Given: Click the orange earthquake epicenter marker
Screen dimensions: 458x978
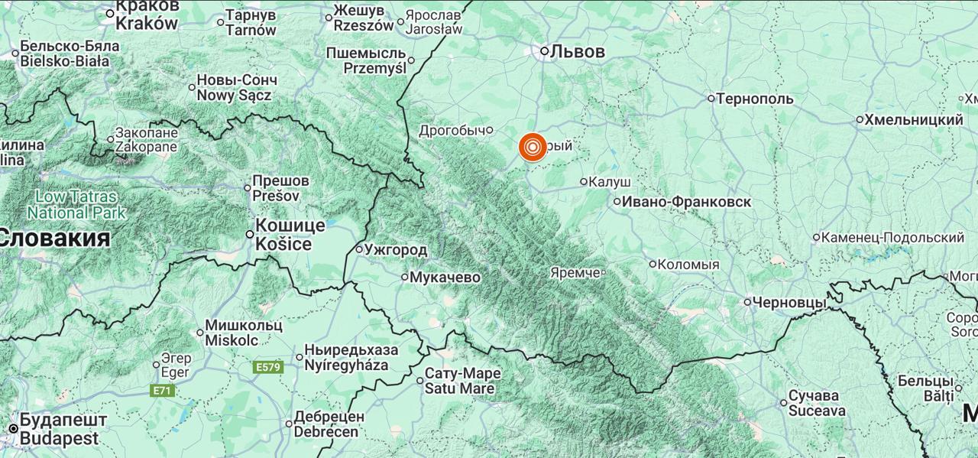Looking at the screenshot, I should coord(533,147).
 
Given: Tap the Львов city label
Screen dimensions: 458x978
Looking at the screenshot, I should coord(578,52).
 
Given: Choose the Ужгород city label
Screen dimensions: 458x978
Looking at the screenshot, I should coord(396,249).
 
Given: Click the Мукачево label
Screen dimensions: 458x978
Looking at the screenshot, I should coord(445,277).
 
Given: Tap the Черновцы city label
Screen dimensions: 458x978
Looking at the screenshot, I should coord(789,303).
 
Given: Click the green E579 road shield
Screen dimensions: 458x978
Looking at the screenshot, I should coord(268,367).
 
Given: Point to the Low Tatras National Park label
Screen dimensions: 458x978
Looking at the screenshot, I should coord(76,204).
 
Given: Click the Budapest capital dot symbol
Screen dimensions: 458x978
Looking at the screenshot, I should coord(13,428).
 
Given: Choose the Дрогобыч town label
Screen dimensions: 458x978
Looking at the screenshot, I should coord(453,131).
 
